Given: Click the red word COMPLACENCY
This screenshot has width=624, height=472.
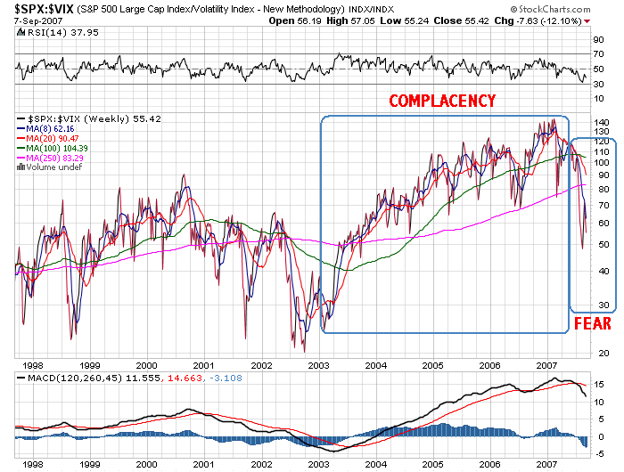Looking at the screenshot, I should (442, 101).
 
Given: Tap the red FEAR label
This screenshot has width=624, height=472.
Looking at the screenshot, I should (592, 323).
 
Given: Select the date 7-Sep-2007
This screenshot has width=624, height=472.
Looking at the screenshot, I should (32, 20).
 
